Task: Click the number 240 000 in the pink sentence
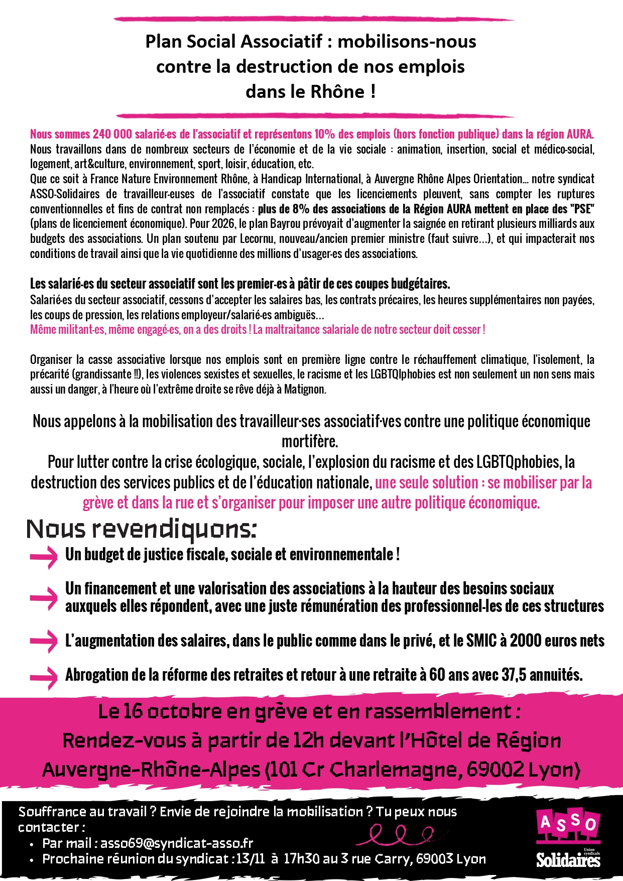click(x=112, y=135)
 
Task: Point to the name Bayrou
click(x=283, y=224)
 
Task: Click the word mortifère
click(x=310, y=442)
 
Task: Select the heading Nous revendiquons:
click(x=142, y=530)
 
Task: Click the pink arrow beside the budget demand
click(x=44, y=557)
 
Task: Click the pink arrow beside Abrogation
click(x=44, y=677)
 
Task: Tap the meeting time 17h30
click(x=301, y=859)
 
